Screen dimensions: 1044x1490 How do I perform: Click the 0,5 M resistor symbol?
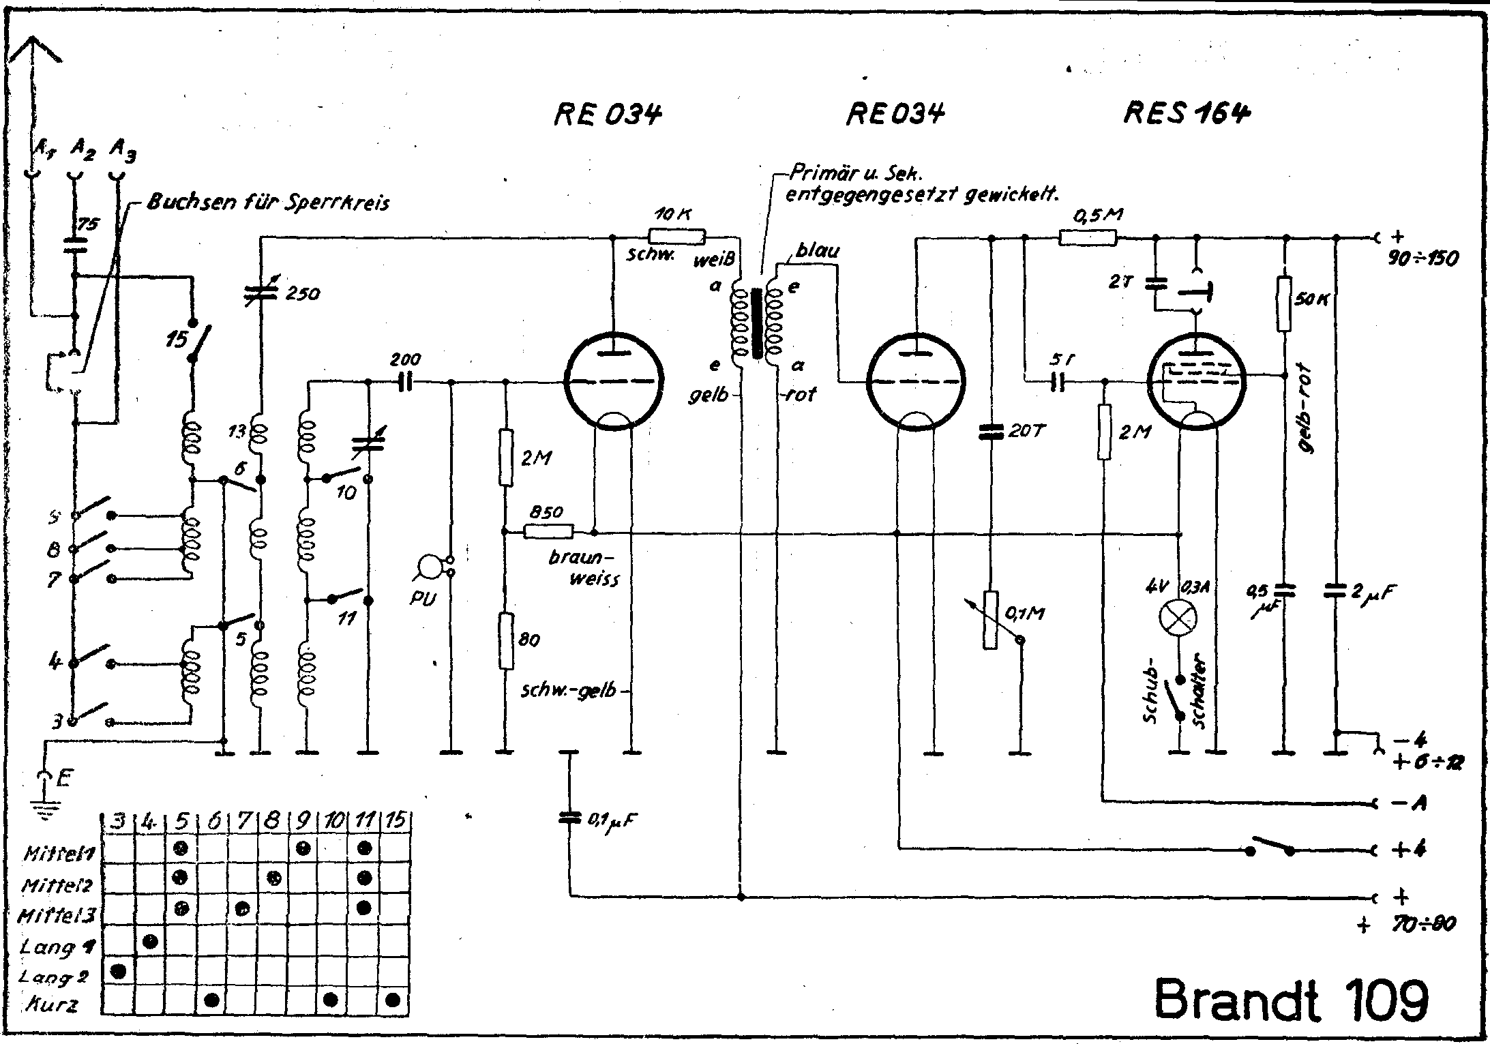tap(1088, 237)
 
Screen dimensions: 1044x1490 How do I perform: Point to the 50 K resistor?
tap(1285, 303)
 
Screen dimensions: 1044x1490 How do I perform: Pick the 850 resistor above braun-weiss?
tap(549, 531)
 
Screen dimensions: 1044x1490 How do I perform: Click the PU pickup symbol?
tap(431, 567)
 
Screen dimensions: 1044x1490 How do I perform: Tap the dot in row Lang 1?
tap(151, 942)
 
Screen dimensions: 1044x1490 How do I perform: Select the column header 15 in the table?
tap(394, 820)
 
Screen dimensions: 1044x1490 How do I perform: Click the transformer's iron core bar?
tap(756, 324)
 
